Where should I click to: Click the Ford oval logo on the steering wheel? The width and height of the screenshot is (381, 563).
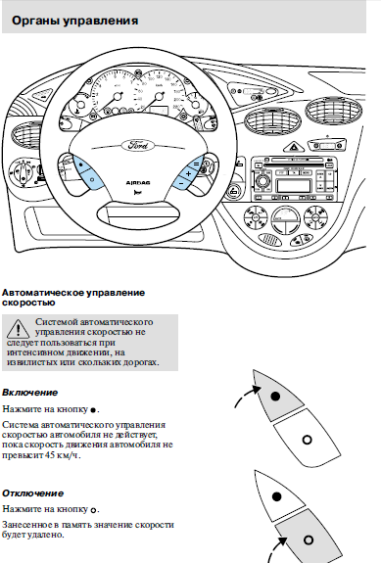138,146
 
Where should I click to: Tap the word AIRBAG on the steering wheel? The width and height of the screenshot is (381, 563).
138,183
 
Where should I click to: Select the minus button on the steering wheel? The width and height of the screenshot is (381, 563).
181,183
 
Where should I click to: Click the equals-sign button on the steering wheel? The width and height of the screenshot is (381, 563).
196,164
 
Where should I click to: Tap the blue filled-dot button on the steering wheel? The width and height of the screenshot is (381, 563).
81,164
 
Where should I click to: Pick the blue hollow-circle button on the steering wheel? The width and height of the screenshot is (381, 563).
92,179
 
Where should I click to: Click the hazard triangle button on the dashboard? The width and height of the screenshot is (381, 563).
294,147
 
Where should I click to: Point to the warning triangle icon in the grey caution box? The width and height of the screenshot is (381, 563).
18,328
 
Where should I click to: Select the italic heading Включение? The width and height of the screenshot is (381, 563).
29,392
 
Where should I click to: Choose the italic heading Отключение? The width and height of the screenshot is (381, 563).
32,493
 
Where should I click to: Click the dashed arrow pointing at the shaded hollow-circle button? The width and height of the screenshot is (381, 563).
276,547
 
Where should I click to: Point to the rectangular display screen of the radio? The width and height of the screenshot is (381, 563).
294,186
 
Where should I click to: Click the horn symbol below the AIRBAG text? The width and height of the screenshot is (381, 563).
137,193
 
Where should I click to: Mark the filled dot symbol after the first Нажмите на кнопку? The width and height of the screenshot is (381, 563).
93,410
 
